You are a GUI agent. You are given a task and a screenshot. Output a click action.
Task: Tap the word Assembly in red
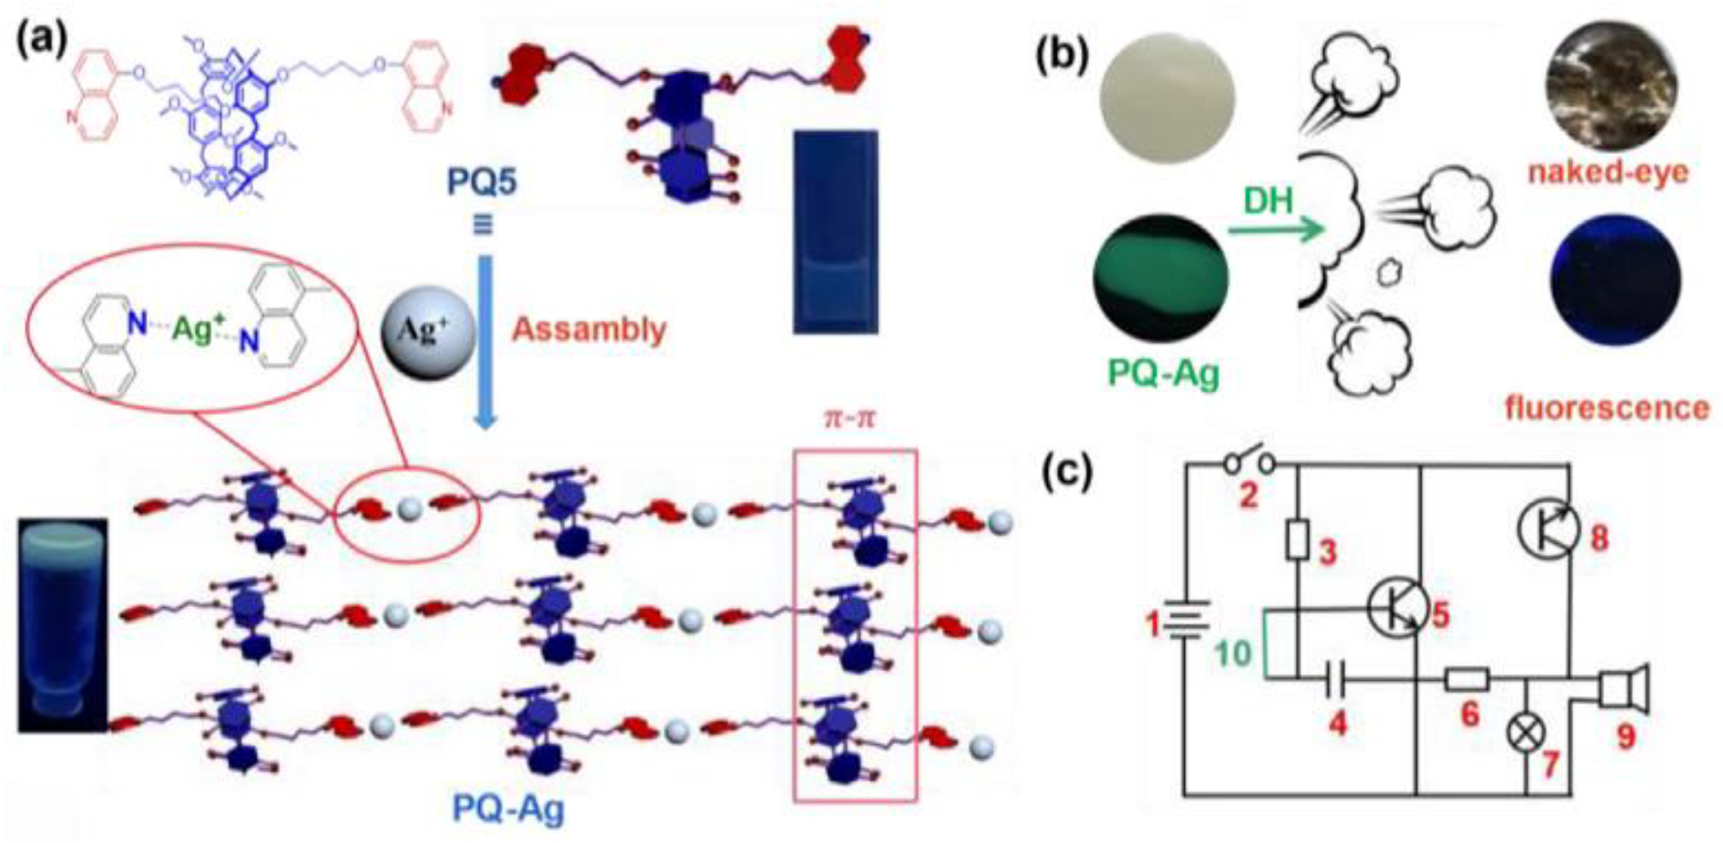589,330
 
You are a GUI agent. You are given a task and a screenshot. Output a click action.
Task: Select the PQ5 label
483,182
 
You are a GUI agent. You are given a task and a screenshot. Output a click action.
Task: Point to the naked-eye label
1608,173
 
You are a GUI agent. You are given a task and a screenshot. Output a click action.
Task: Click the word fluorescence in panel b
1607,408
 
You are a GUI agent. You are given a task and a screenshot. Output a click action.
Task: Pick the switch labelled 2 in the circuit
1248,463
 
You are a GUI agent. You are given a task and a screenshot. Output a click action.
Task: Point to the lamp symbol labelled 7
1527,734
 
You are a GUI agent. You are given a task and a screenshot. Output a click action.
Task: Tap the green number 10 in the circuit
1233,653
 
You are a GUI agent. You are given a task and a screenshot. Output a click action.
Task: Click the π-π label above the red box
849,420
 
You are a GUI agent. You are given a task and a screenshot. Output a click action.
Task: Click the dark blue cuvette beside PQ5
835,231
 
